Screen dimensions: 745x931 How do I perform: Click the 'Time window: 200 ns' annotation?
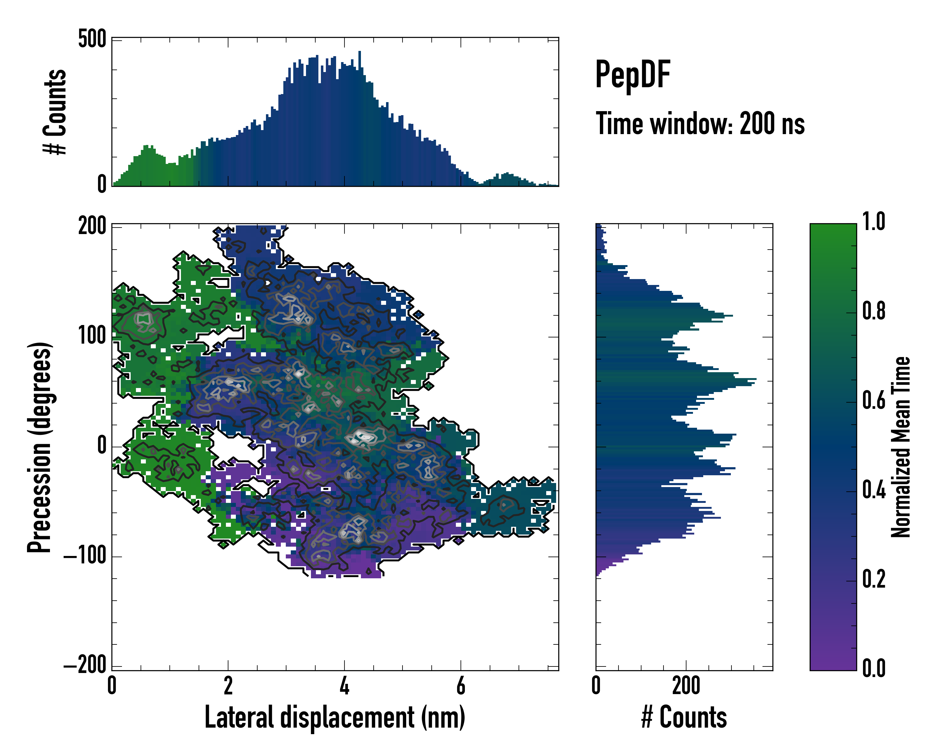click(700, 124)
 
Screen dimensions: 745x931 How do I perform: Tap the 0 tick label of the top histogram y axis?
click(101, 184)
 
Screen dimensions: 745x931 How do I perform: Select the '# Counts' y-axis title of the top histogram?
click(55, 112)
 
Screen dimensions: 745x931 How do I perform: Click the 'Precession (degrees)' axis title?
click(40, 447)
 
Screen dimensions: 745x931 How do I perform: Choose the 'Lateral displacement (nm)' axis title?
click(335, 717)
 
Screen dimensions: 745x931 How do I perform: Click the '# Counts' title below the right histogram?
click(684, 717)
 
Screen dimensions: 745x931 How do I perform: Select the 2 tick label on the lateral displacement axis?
click(228, 685)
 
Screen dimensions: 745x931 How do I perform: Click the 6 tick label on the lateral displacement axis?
click(461, 685)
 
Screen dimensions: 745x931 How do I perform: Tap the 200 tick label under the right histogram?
click(686, 685)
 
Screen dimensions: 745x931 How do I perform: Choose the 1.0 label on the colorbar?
click(874, 222)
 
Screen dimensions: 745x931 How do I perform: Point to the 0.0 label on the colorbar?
click(874, 668)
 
